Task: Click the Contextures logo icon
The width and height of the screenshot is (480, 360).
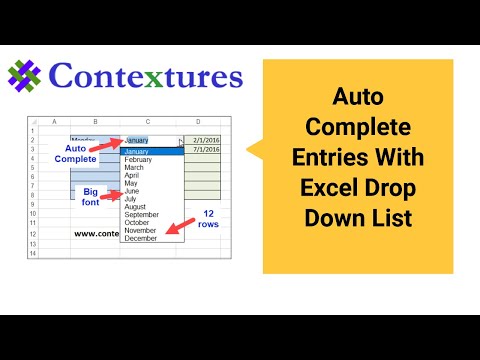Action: pyautogui.click(x=24, y=76)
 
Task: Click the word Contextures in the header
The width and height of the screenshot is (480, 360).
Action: pyautogui.click(x=144, y=76)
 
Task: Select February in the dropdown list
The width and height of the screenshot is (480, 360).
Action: pyautogui.click(x=137, y=159)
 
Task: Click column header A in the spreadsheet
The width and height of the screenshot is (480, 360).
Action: pyautogui.click(x=53, y=121)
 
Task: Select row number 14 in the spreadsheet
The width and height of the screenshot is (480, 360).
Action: pyautogui.click(x=33, y=253)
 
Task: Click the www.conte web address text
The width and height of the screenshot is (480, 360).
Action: pyautogui.click(x=94, y=233)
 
